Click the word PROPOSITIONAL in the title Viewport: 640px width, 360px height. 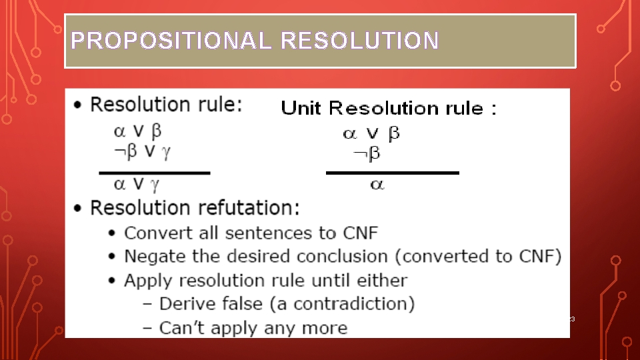tap(171, 41)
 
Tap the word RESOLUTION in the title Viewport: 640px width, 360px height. tap(359, 41)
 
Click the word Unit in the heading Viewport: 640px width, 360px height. tap(303, 108)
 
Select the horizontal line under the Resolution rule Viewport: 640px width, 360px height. tap(155, 173)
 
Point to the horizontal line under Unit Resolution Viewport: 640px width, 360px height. tap(392, 173)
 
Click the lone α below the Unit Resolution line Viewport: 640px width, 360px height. tap(377, 185)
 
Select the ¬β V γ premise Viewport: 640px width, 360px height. tap(142, 152)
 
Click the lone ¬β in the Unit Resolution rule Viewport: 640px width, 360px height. tap(367, 154)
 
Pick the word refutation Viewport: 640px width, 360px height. tap(239, 207)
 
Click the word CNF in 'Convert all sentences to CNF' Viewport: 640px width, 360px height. tap(361, 233)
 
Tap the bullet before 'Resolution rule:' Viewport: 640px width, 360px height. tap(79, 105)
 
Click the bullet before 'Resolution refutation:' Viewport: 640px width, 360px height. tap(79, 208)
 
